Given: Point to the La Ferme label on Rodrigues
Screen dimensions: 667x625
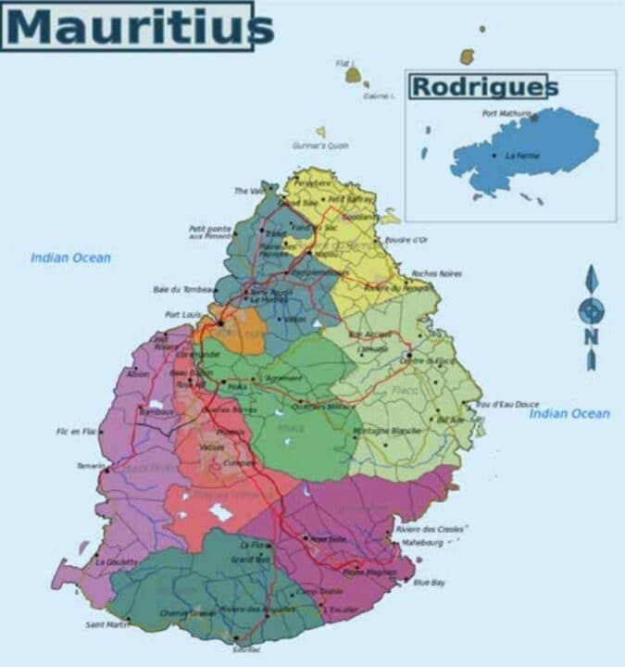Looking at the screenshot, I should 522,156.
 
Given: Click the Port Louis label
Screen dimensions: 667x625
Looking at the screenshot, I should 182,315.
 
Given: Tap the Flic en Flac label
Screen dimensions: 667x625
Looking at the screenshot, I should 76,432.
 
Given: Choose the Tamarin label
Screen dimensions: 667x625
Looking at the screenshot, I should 90,466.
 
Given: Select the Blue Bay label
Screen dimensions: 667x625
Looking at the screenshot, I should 429,582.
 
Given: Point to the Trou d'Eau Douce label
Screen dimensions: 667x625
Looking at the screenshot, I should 506,405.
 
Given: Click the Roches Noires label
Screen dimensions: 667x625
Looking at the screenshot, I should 436,274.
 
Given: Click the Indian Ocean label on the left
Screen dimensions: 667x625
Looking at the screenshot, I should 70,258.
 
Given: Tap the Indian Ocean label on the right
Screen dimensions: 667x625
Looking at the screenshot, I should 569,414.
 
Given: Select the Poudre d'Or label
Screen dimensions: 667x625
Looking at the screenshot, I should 407,240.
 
